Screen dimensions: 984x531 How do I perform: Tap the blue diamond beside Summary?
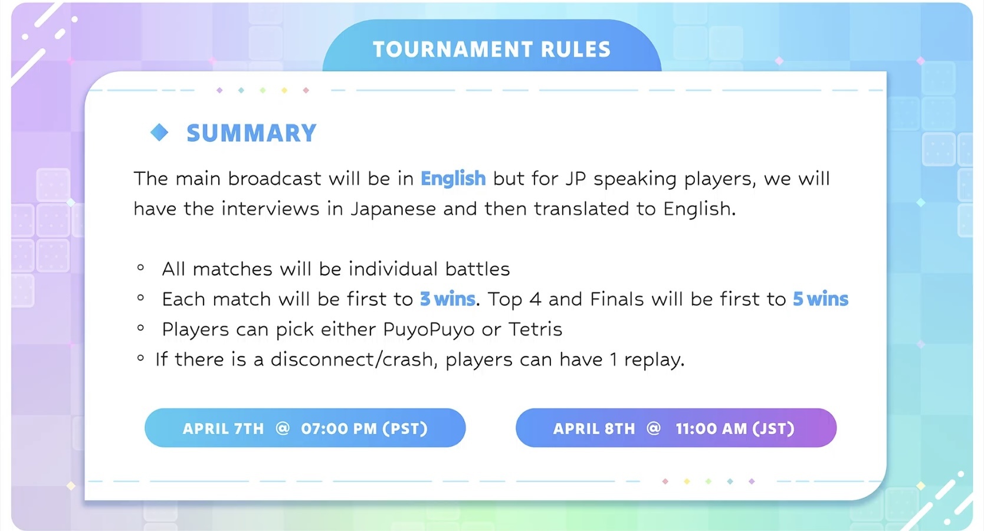tap(159, 132)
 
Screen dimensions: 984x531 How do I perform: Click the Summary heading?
tap(251, 133)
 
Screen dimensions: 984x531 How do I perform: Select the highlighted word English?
tap(453, 179)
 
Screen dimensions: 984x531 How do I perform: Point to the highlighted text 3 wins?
tap(447, 299)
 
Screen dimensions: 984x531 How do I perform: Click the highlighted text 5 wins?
tap(820, 299)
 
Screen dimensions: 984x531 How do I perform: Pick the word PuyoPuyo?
tap(429, 329)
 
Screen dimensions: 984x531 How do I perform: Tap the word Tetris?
tap(535, 329)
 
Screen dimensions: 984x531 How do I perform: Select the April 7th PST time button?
tap(305, 428)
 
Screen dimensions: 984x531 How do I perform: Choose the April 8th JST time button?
tap(676, 428)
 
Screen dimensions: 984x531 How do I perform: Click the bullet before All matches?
tap(140, 267)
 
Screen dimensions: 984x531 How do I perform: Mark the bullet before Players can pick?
tap(140, 327)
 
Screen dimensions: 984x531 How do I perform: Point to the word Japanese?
tap(393, 209)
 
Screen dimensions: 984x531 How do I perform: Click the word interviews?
tap(270, 209)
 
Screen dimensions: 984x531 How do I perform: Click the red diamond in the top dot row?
tap(306, 90)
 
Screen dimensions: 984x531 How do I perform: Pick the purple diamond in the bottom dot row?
tap(752, 481)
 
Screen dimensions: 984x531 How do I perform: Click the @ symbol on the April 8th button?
tap(654, 428)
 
